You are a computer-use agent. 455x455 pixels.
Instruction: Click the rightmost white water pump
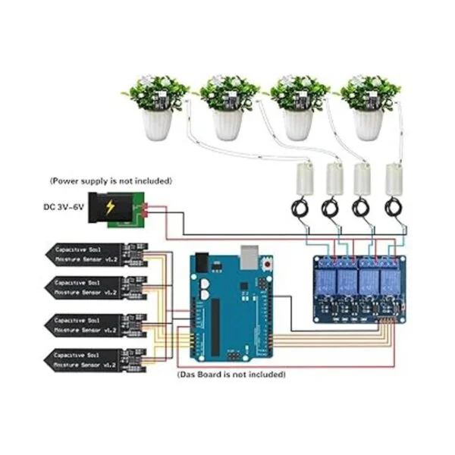394,177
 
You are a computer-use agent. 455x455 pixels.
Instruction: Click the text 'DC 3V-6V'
65,207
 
